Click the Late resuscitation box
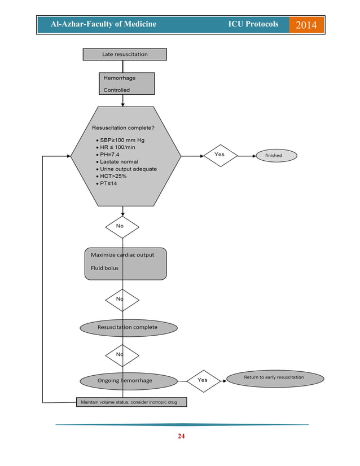click(x=125, y=54)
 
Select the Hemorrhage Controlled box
click(x=126, y=83)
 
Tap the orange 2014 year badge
click(x=306, y=25)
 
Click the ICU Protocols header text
click(x=253, y=24)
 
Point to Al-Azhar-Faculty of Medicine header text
click(x=103, y=24)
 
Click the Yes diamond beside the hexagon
click(x=220, y=155)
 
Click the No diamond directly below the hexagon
click(x=122, y=226)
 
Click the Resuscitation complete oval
click(x=128, y=327)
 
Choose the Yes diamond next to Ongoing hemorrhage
click(x=203, y=380)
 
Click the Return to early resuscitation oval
click(x=275, y=377)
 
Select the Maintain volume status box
click(x=131, y=402)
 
